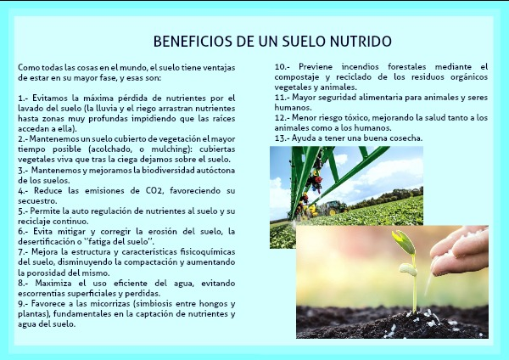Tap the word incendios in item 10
point(360,66)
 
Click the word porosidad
point(46,273)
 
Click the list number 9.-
point(24,304)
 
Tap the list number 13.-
point(282,138)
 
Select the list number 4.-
point(24,190)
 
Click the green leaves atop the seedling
point(405,242)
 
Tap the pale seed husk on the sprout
point(408,270)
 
